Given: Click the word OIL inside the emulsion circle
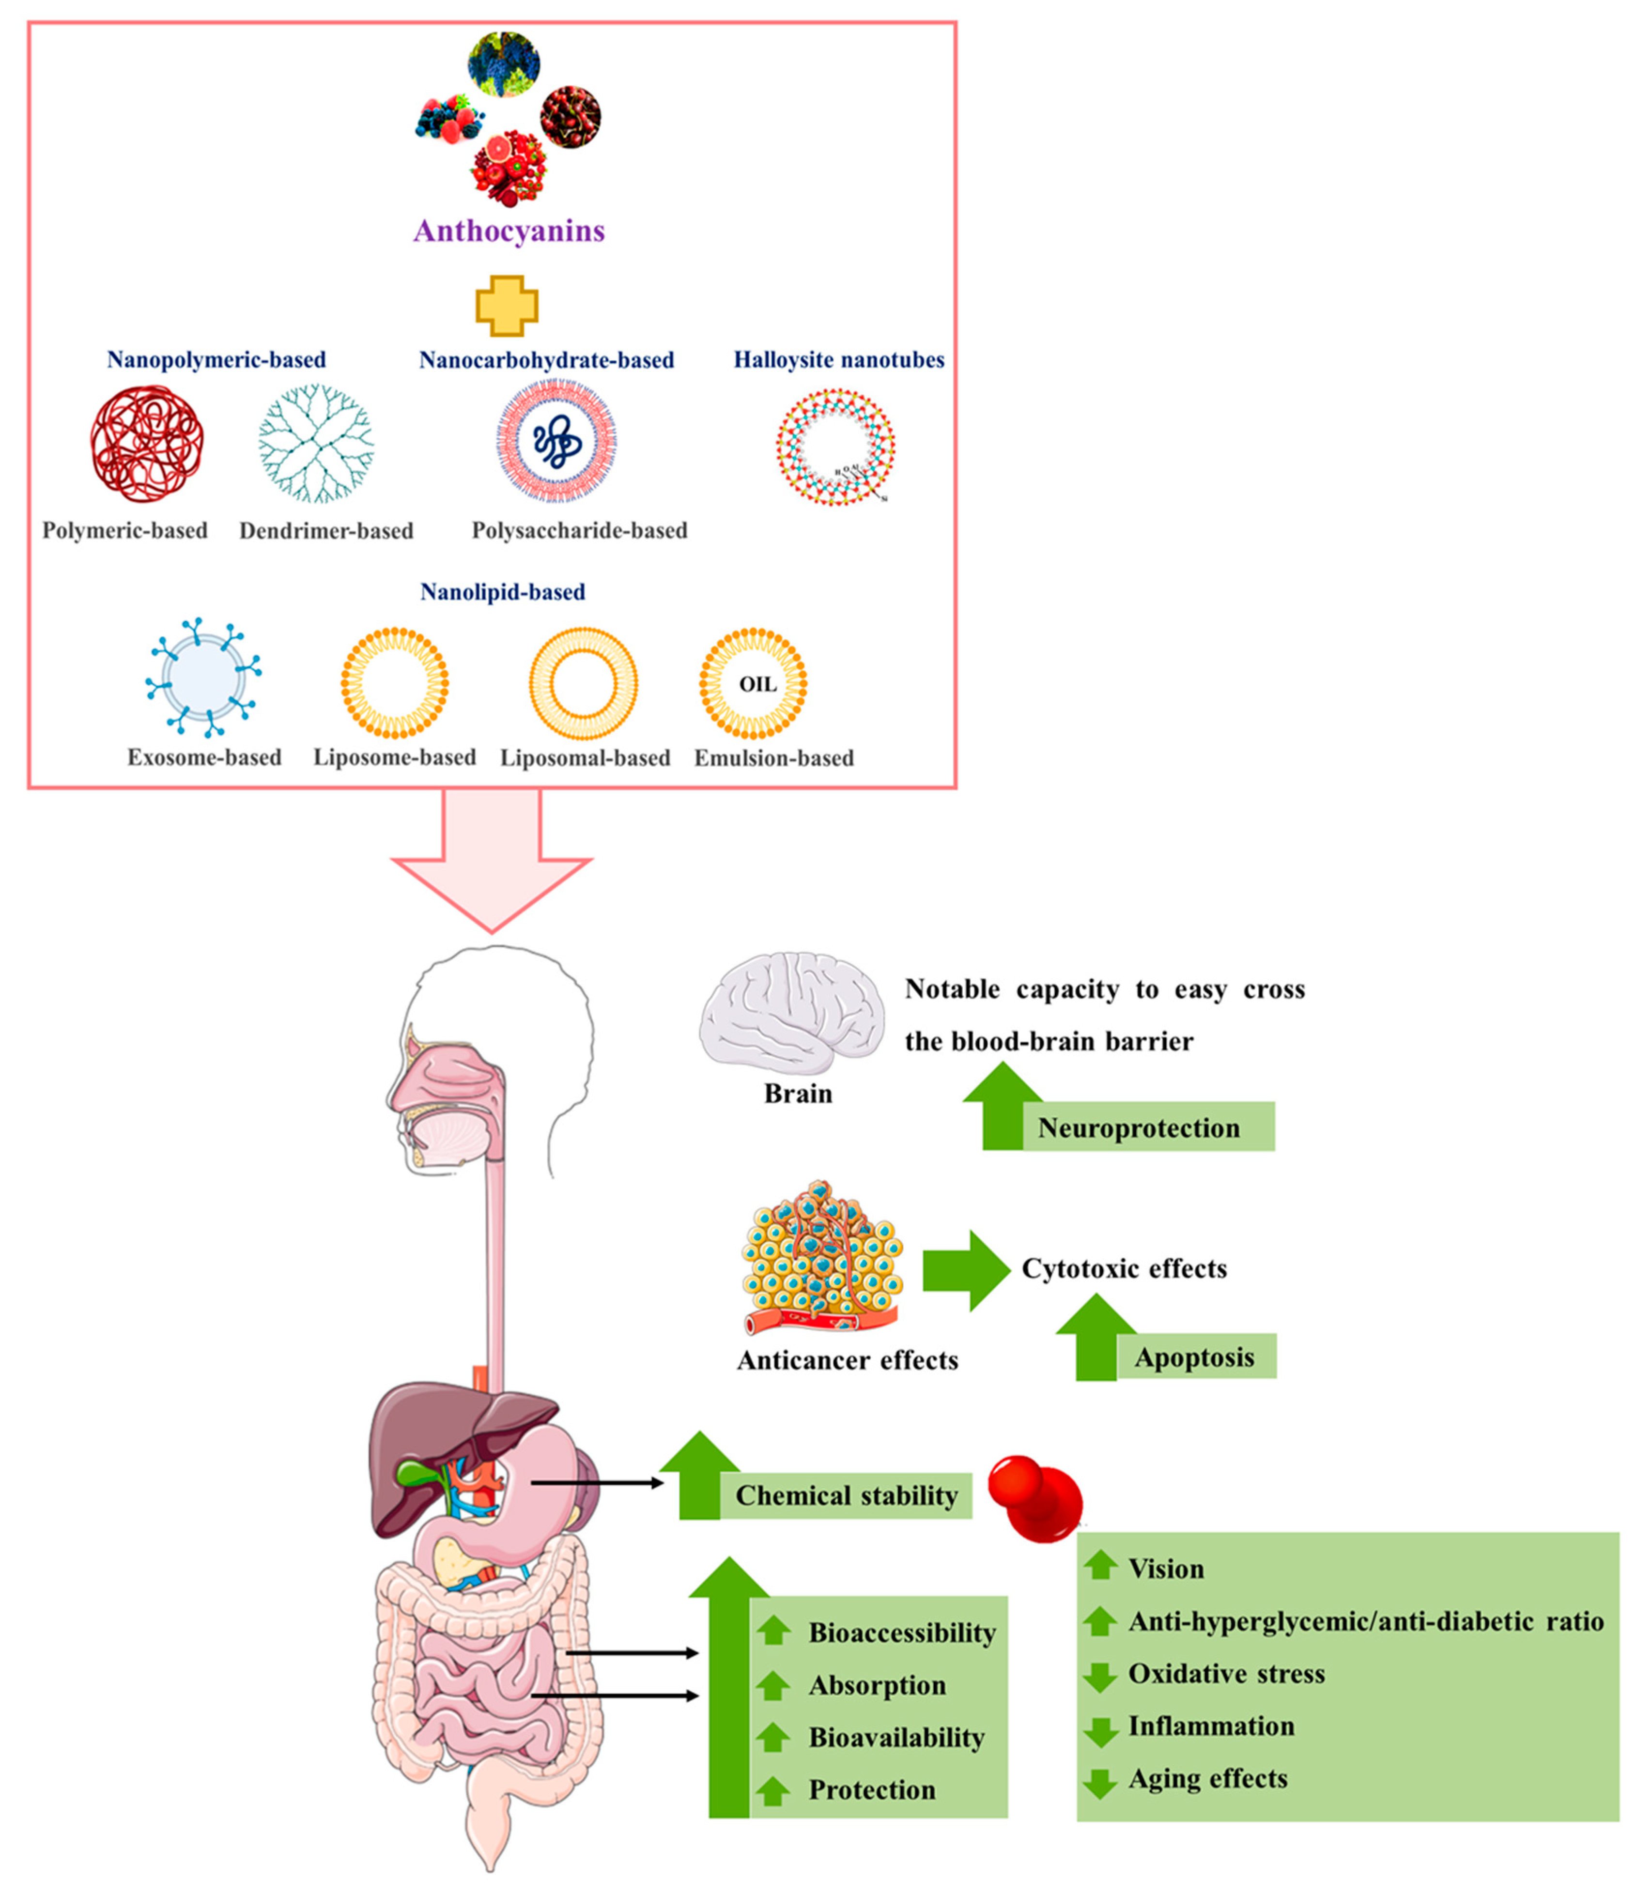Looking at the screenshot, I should click(757, 684).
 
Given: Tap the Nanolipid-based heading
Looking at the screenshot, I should click(502, 592).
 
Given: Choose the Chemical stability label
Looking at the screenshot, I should click(846, 1495).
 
